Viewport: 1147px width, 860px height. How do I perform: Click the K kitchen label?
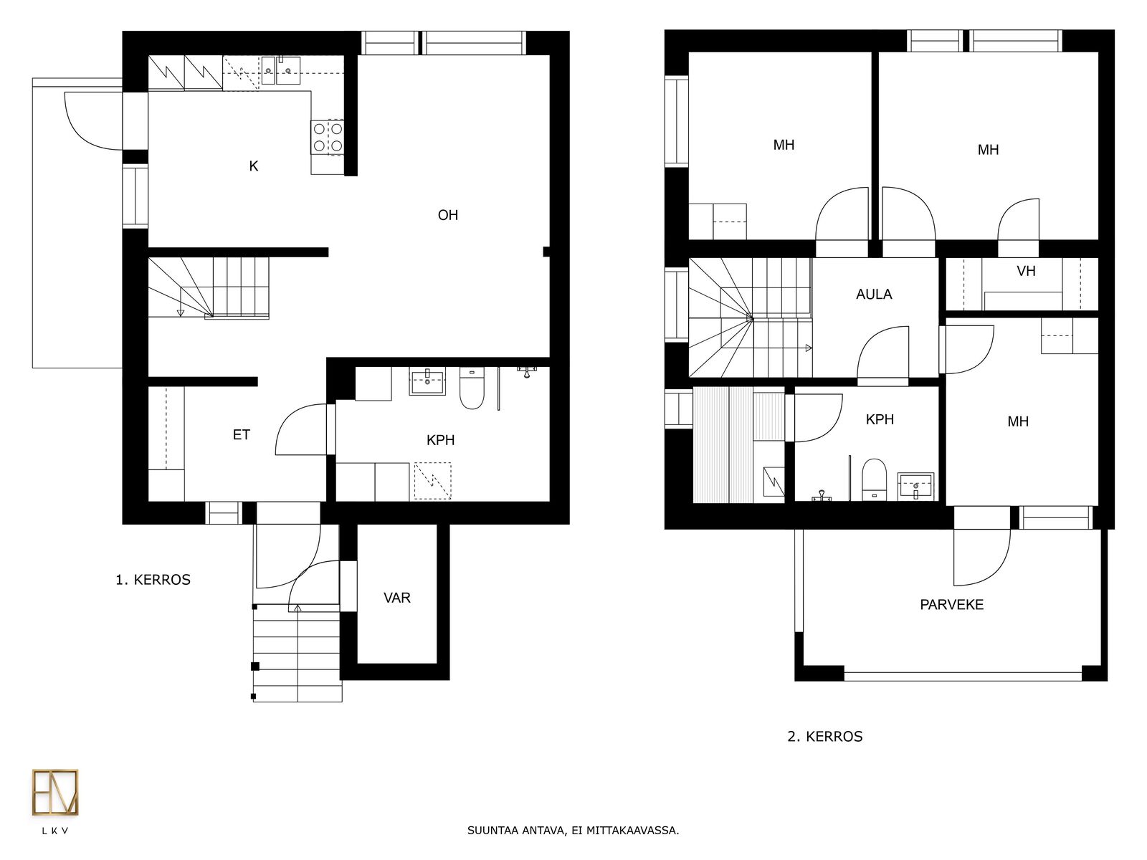254,166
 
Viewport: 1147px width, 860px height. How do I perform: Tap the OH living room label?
448,215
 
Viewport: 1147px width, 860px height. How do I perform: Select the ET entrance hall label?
242,434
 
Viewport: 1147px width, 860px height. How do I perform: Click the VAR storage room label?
397,598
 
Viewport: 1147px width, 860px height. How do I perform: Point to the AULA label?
874,295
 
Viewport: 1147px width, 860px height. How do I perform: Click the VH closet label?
1027,271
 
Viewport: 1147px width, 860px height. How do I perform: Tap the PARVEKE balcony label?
951,605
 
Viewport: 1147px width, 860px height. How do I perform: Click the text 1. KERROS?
153,580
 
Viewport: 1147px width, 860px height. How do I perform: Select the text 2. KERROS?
825,736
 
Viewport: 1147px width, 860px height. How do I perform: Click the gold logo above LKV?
55,792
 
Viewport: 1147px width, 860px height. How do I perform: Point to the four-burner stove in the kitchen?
328,138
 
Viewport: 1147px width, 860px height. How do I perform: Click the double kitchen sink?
280,70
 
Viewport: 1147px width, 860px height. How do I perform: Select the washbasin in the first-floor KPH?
427,382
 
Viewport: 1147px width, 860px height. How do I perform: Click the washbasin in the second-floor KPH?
915,486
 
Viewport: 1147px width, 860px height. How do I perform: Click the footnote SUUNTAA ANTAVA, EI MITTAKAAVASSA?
573,830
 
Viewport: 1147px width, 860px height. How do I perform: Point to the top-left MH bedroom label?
784,145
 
